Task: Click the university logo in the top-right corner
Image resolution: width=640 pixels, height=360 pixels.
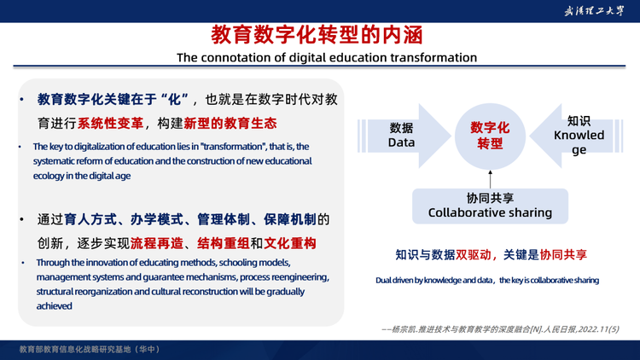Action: click(594, 11)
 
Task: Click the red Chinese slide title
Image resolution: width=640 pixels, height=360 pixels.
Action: click(317, 35)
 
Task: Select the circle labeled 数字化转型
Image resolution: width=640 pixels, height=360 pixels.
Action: click(490, 136)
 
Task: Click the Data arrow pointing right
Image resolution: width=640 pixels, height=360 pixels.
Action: click(404, 136)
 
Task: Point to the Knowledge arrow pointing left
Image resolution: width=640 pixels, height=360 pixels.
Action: click(576, 136)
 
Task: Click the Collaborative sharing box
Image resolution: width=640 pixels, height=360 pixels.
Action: click(490, 206)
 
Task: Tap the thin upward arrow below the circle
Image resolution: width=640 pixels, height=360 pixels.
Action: click(490, 180)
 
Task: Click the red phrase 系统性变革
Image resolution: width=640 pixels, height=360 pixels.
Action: click(110, 123)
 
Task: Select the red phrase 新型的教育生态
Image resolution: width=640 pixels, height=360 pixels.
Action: click(230, 123)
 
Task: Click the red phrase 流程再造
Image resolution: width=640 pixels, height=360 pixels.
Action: click(157, 243)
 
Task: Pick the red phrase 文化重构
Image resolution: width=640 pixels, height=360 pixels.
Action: click(290, 243)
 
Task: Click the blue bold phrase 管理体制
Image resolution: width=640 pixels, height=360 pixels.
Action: click(224, 219)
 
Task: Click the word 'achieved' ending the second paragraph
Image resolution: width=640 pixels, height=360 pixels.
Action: click(55, 306)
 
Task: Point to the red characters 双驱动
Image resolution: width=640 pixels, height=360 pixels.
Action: click(473, 255)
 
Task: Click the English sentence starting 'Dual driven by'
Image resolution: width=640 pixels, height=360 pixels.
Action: click(487, 281)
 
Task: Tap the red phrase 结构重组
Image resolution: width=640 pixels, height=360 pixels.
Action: click(224, 243)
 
